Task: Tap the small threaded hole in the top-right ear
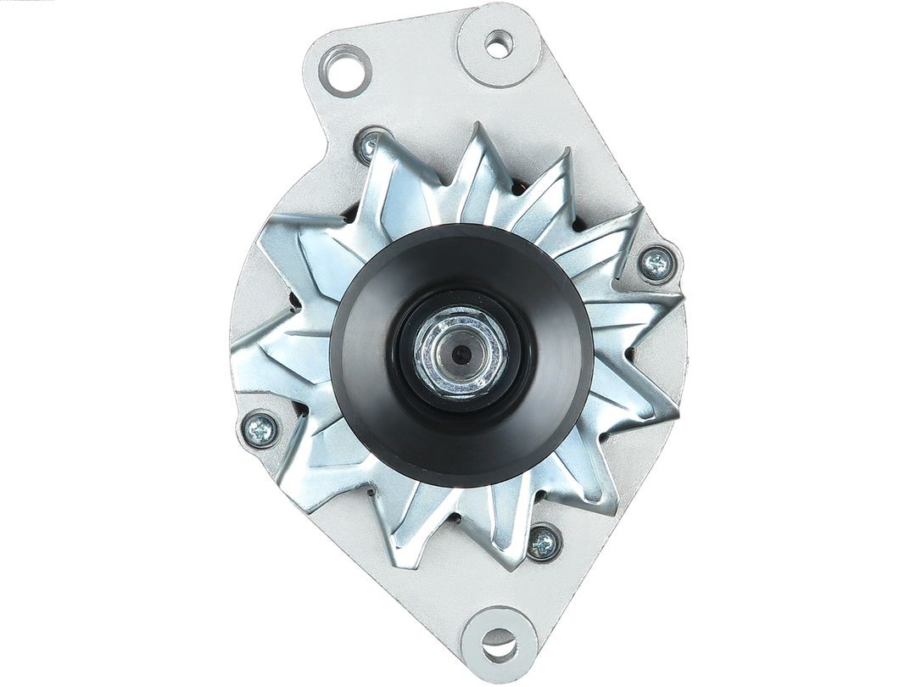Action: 499,43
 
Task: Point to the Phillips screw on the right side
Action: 656,265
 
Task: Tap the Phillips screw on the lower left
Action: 260,429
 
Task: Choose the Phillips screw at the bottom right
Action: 543,541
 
